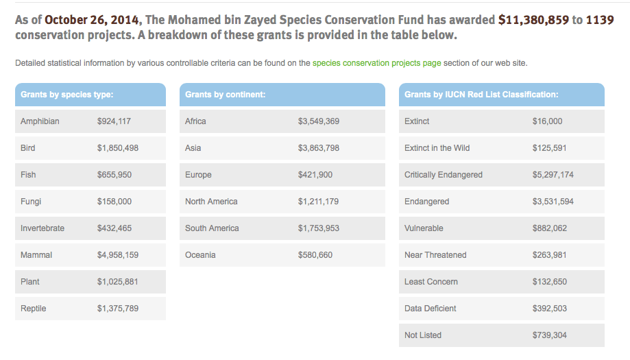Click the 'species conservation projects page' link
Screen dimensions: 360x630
tap(376, 63)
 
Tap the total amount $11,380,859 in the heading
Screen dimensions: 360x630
tap(533, 20)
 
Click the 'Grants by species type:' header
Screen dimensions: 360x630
tap(67, 95)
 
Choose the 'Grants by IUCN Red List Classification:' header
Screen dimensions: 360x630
tap(481, 95)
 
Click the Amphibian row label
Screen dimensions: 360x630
tap(40, 121)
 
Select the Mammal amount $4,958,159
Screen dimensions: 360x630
tap(118, 255)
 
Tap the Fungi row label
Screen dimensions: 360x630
tap(32, 202)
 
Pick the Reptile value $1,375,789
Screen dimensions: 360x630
tap(118, 309)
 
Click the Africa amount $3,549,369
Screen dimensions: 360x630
tap(319, 121)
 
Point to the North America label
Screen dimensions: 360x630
tap(211, 202)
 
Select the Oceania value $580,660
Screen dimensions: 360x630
tap(315, 255)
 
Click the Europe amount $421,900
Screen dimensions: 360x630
tap(315, 175)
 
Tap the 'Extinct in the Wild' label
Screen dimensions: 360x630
tap(437, 148)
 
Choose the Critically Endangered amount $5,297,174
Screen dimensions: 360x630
tap(553, 175)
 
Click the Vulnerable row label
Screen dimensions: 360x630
tap(424, 228)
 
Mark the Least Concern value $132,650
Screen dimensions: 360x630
tap(550, 282)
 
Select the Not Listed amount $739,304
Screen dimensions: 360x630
tap(550, 335)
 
